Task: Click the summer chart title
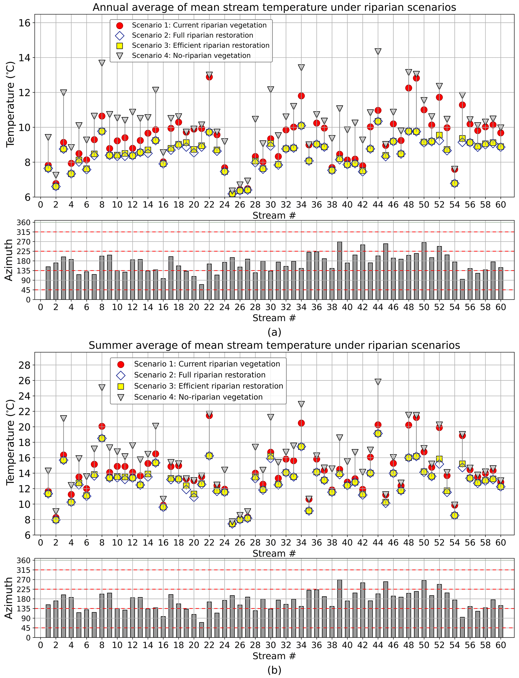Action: coord(274,345)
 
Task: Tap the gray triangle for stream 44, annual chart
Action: coord(378,51)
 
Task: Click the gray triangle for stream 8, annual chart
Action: coord(102,63)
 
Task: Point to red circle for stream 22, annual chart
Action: coord(209,77)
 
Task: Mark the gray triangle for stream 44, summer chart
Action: coord(378,382)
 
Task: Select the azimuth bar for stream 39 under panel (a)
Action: coord(339,271)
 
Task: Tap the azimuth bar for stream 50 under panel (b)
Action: coord(424,609)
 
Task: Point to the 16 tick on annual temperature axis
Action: coord(24,23)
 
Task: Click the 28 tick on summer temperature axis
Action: coord(24,365)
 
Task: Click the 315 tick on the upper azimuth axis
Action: coord(24,232)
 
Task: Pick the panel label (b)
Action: coord(274,670)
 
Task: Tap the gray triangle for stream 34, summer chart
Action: coord(301,404)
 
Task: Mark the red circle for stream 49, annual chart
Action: coord(416,78)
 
